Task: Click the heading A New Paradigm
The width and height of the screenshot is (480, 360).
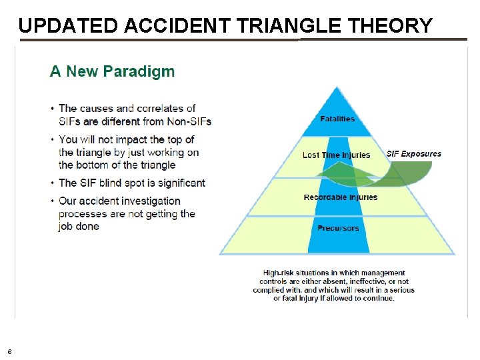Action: pos(112,71)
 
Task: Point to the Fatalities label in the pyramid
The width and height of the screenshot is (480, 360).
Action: pos(337,119)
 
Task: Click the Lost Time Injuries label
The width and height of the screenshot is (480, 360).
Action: pos(336,155)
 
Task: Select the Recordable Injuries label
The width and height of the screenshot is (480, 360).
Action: pos(340,197)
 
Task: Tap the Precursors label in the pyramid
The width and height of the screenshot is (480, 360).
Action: pos(338,228)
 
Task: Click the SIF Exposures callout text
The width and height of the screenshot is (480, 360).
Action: pos(413,154)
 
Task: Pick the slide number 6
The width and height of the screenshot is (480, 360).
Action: pos(9,351)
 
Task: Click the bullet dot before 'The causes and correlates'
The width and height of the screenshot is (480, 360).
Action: pos(53,109)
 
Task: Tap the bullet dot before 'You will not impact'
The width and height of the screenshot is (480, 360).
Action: pos(53,140)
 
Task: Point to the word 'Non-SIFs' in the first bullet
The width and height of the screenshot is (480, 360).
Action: pos(189,121)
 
